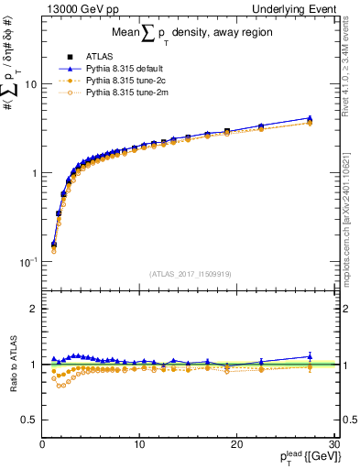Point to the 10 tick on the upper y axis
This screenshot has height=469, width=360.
[x=29, y=84]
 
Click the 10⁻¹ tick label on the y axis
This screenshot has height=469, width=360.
[x=27, y=262]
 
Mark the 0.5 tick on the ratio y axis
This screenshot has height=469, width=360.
[x=27, y=420]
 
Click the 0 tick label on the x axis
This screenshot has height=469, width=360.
[x=42, y=444]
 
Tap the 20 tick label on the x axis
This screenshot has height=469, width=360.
[x=236, y=444]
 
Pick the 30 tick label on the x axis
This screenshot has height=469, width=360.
[x=333, y=444]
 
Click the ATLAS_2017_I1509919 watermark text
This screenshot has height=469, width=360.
[x=191, y=273]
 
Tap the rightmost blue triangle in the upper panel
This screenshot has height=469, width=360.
[x=310, y=118]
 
